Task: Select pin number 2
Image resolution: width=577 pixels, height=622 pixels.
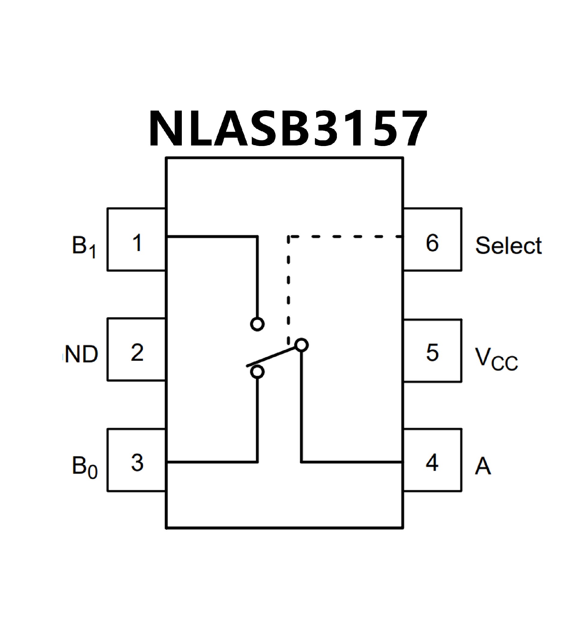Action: (137, 352)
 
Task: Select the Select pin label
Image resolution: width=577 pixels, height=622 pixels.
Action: (508, 245)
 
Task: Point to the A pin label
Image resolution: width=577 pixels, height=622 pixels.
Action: (483, 466)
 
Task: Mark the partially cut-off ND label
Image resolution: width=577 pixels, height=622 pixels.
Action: (81, 354)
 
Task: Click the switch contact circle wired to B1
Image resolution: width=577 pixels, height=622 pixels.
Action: (257, 324)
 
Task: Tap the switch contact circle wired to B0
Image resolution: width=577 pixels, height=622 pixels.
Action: (257, 372)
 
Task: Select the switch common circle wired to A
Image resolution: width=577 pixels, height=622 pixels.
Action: (302, 345)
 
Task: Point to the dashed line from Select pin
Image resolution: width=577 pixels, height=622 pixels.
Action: (343, 237)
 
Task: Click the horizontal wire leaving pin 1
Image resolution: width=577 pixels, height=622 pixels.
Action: (212, 237)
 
